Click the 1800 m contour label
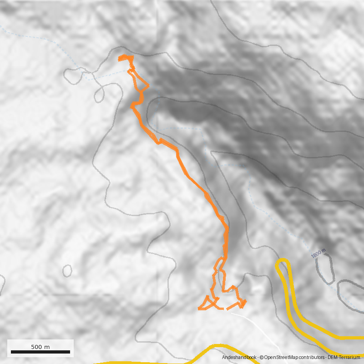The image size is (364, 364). tap(319, 253)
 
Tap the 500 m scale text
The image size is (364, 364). tap(40, 347)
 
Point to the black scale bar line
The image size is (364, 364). tap(40, 352)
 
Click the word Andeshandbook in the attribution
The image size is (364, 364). tap(239, 358)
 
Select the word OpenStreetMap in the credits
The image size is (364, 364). tap(280, 358)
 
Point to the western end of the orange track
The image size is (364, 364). tap(199, 309)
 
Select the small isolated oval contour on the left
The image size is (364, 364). tap(67, 271)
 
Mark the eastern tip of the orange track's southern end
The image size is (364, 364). tap(246, 301)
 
